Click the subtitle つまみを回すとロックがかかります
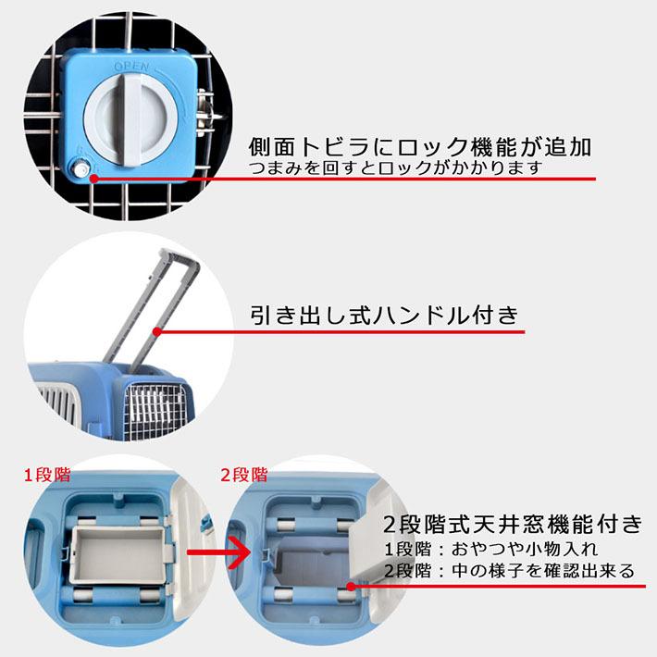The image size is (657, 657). [x=394, y=168]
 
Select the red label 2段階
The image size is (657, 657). [x=243, y=476]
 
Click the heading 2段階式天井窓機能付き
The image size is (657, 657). [x=512, y=525]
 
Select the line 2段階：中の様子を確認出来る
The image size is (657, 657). [x=509, y=571]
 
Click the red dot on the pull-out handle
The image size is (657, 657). [x=157, y=329]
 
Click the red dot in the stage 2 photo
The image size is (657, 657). [x=352, y=585]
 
